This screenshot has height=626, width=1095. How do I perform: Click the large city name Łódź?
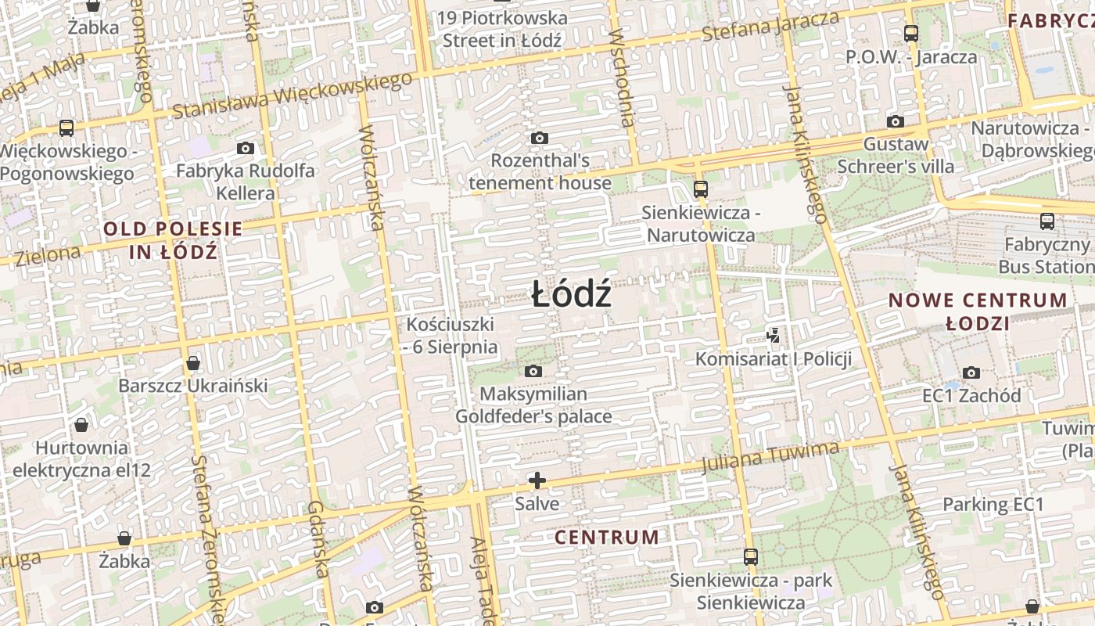click(x=571, y=296)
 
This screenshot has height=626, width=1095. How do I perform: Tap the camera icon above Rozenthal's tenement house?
click(x=539, y=139)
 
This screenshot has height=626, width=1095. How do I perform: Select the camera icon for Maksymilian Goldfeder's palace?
click(x=533, y=371)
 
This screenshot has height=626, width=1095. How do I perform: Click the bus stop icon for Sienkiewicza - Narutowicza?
click(x=701, y=189)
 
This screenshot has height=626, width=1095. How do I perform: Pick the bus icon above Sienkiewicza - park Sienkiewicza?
click(x=751, y=556)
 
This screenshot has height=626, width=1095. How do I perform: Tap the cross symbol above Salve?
click(x=537, y=480)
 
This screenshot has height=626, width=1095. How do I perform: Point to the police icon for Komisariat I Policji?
click(x=773, y=336)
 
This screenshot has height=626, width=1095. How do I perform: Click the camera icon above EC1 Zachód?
click(x=971, y=372)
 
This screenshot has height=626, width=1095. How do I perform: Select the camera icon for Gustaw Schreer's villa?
click(x=896, y=121)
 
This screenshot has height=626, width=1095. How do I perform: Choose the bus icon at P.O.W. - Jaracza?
click(x=911, y=33)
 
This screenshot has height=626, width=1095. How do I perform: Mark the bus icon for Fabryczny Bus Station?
click(x=1047, y=221)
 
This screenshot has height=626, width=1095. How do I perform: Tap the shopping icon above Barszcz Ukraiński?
click(x=193, y=363)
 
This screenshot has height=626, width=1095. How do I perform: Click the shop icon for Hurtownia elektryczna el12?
click(x=81, y=425)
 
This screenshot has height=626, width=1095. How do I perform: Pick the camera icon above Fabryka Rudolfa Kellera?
click(x=246, y=148)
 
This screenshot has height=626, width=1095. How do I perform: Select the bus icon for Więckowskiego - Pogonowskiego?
click(x=66, y=128)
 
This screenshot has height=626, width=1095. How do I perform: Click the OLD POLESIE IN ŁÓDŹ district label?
click(x=173, y=240)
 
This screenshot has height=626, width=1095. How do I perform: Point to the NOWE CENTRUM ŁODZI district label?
click(x=978, y=311)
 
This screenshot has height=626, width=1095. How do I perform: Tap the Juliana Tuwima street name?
click(x=770, y=457)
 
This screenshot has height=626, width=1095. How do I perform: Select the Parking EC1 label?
click(x=993, y=504)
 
